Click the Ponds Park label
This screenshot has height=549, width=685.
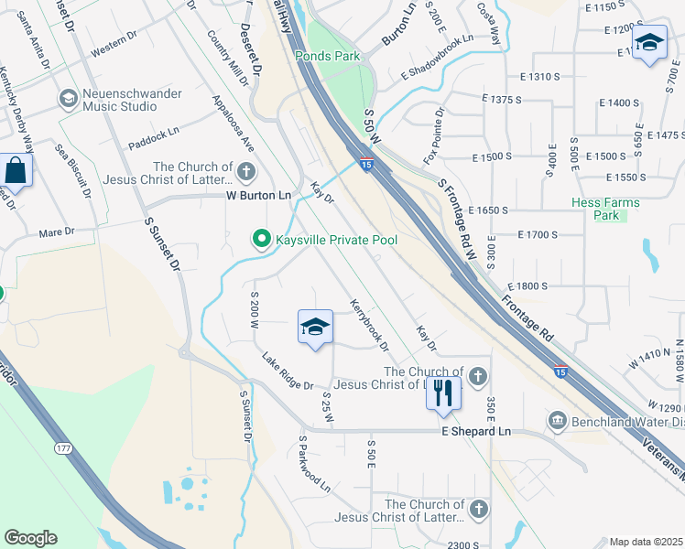click(x=327, y=56)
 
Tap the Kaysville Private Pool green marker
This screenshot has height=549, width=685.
click(x=260, y=240)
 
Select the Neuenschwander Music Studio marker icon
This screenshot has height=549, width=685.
click(x=68, y=98)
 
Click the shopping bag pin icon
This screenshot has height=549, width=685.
click(x=16, y=169)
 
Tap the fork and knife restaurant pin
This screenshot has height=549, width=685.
click(x=443, y=393)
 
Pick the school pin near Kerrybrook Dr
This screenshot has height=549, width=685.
click(x=314, y=327)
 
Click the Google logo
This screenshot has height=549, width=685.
click(x=30, y=538)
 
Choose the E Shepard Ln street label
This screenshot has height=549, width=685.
click(x=475, y=431)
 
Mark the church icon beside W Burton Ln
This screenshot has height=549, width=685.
click(x=245, y=171)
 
